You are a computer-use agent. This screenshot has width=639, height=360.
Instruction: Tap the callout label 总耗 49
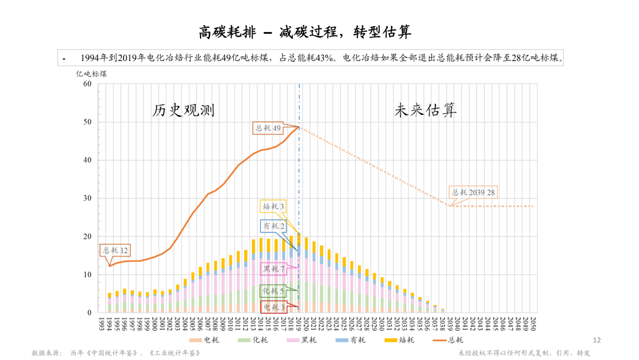point(267,127)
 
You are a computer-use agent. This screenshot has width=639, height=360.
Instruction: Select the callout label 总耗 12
point(116,250)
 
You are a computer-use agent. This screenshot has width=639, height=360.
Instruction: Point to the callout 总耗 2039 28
point(473,192)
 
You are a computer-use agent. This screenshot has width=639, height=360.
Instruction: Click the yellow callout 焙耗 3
point(274,206)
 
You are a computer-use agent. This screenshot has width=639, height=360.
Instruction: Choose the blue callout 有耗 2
point(274,226)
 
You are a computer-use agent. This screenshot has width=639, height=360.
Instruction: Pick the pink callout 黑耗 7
point(274,269)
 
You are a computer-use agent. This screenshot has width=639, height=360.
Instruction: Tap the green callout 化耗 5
point(274,291)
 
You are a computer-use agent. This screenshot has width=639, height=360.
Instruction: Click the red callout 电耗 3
point(274,307)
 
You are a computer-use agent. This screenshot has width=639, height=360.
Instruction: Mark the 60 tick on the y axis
point(88,83)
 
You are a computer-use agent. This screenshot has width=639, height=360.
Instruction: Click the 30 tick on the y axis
point(88,198)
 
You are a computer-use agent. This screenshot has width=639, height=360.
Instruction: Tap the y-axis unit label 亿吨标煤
point(91,74)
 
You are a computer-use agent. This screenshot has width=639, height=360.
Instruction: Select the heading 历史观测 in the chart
point(183,110)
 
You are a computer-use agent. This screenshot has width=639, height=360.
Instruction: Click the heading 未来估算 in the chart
point(425,110)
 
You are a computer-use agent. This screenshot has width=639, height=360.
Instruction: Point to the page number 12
point(596,340)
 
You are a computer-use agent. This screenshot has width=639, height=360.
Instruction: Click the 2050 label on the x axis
point(533,323)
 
